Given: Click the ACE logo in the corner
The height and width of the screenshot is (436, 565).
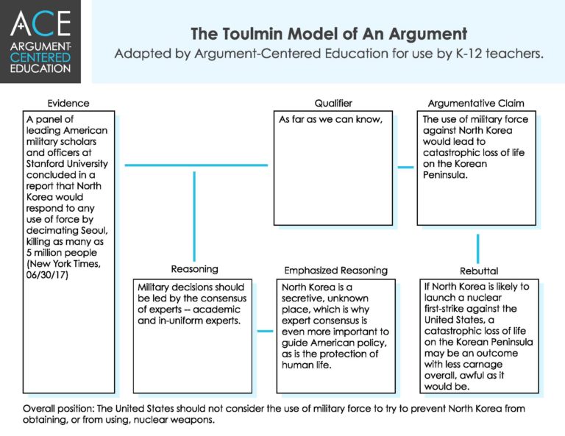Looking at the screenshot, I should pyautogui.click(x=41, y=41).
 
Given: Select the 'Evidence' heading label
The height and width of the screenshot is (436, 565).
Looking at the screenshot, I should pyautogui.click(x=68, y=104).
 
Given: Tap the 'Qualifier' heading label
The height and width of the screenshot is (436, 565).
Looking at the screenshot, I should pyautogui.click(x=333, y=104).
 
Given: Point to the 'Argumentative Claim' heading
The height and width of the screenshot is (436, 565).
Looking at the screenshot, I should pyautogui.click(x=476, y=104).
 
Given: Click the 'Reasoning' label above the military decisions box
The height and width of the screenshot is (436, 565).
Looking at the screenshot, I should pyautogui.click(x=194, y=269).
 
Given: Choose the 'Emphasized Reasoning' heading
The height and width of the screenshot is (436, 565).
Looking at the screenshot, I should pyautogui.click(x=335, y=270).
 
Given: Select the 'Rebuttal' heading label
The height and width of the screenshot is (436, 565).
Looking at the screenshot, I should pyautogui.click(x=478, y=270).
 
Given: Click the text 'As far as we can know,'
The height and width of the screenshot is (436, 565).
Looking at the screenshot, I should pyautogui.click(x=320, y=120).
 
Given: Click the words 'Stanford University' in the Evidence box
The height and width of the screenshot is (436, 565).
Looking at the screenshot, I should pyautogui.click(x=66, y=163).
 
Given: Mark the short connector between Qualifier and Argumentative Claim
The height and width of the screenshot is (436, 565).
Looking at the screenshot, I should pyautogui.click(x=405, y=167).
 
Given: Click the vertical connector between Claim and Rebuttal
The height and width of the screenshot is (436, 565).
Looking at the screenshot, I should pyautogui.click(x=478, y=247).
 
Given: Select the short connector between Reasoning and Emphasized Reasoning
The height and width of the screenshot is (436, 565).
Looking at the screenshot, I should pyautogui.click(x=265, y=331).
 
